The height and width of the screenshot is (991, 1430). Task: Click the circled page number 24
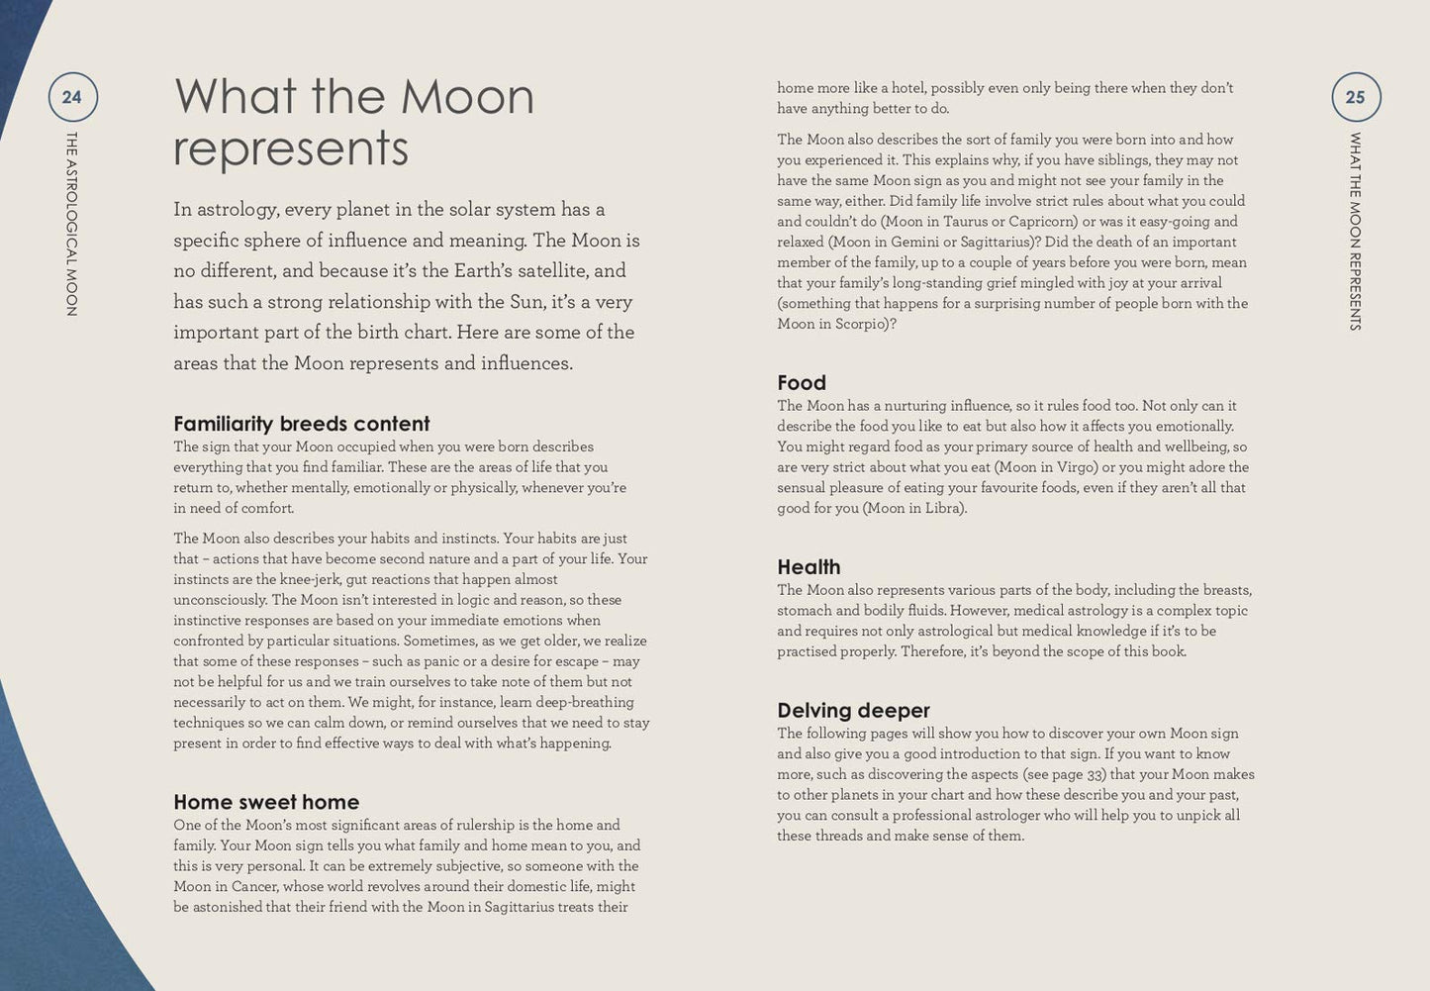coord(72,97)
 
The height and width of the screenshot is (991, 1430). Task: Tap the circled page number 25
coord(1355,97)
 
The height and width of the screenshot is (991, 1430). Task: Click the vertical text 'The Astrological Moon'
coord(71,224)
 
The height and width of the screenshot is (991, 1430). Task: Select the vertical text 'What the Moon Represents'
coord(1355,231)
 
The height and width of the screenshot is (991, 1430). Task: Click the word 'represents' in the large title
coord(291,149)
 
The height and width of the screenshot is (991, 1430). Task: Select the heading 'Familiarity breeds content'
coord(302,424)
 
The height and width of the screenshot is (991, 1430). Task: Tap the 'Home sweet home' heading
coord(266,802)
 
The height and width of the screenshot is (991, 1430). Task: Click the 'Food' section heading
coord(802,383)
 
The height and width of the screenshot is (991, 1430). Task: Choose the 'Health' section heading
coord(809,567)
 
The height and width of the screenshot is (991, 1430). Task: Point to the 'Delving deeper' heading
coord(853,711)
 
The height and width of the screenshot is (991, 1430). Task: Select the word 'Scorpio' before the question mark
coord(861,324)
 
